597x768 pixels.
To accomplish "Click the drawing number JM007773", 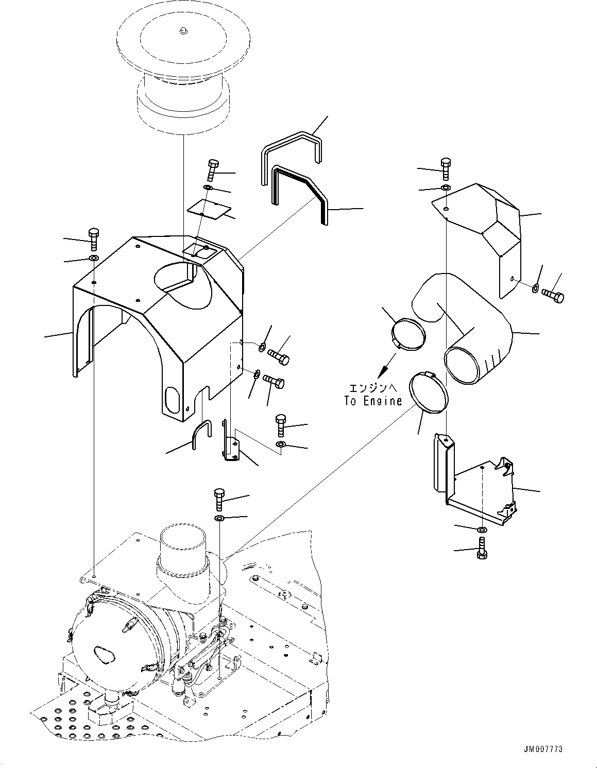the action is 543,749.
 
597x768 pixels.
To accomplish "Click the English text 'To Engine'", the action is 373,401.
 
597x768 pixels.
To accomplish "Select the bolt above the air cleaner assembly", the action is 219,500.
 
